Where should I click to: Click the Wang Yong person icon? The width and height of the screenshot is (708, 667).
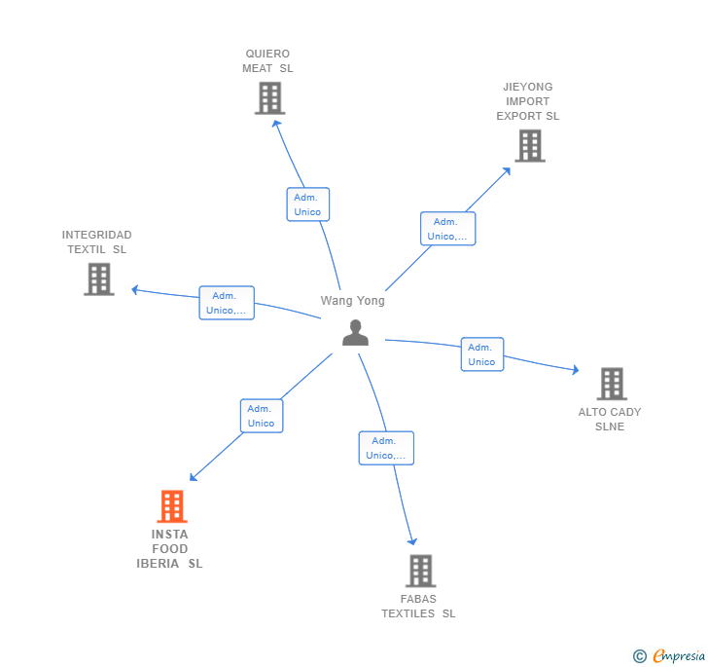[356, 332]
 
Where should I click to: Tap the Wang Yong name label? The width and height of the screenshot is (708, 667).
[353, 301]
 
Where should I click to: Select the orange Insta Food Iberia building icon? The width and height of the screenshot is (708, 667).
[172, 506]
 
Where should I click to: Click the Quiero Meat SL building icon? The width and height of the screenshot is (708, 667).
[269, 98]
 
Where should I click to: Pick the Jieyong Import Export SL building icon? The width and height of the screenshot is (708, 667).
[529, 146]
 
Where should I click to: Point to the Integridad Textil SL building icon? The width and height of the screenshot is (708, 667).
[98, 279]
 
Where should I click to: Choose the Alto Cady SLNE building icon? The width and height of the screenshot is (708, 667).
[611, 384]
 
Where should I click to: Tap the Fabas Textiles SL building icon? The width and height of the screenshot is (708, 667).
[420, 571]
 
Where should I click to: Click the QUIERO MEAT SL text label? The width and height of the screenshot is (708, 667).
[267, 61]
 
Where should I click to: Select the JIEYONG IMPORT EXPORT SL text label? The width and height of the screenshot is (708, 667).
[527, 101]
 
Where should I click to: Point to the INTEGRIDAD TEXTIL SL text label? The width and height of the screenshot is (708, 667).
[96, 241]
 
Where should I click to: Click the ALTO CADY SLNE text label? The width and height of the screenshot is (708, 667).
[610, 419]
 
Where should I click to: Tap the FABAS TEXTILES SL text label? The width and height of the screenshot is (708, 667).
[418, 606]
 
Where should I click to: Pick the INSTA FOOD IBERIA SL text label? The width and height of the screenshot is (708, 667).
[170, 549]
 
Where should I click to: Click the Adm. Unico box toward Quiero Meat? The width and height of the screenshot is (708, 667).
[307, 204]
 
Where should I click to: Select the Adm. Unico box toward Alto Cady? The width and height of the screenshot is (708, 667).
[481, 354]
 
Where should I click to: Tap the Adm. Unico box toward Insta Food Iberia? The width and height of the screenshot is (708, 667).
[262, 416]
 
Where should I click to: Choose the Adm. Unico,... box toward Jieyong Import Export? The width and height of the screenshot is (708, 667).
[447, 229]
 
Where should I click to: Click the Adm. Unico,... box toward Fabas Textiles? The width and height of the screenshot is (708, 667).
[386, 448]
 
